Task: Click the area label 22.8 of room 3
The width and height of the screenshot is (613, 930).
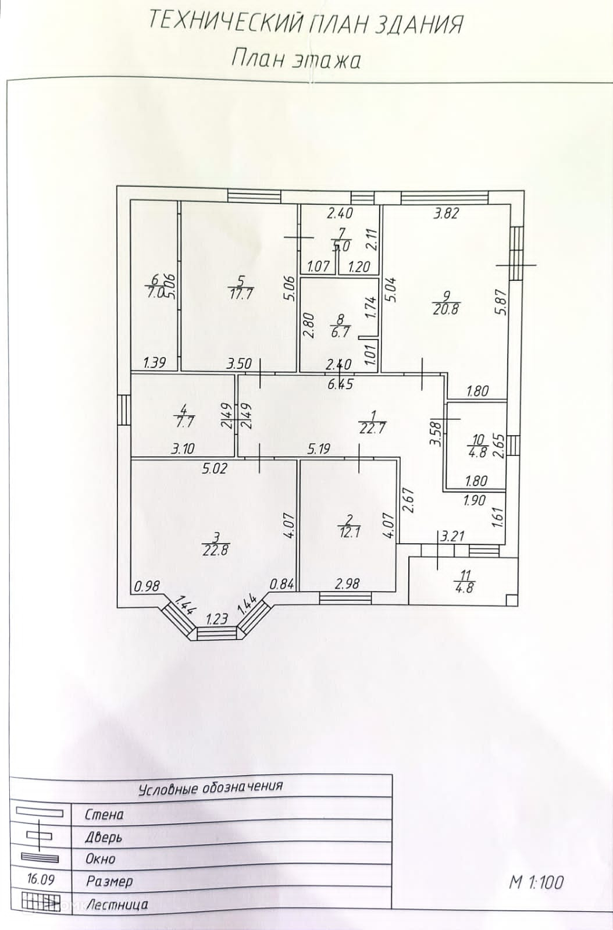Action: point(215,550)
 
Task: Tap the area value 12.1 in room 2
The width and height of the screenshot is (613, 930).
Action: point(350,532)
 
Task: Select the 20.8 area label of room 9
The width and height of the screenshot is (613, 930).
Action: point(446,309)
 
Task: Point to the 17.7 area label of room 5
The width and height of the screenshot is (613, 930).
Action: point(240,294)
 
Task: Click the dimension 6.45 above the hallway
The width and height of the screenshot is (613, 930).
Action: point(340,384)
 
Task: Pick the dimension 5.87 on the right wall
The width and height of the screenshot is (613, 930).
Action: point(501,302)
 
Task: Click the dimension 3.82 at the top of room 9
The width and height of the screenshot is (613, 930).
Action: point(446,213)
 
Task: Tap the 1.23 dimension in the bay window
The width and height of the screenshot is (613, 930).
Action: point(217,619)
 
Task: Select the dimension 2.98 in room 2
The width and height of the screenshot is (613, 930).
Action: point(347,583)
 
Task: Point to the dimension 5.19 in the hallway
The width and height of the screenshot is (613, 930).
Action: point(319,448)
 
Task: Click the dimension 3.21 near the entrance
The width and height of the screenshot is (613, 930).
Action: point(453,536)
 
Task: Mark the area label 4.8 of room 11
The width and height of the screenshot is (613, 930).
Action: point(465,587)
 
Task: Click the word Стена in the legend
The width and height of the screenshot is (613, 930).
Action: point(105,815)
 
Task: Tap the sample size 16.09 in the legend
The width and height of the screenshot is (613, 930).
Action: point(40,879)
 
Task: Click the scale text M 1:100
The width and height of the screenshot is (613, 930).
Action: point(536,882)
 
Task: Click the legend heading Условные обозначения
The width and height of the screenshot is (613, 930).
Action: point(211,788)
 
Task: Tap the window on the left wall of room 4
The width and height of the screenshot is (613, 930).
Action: point(123,411)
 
